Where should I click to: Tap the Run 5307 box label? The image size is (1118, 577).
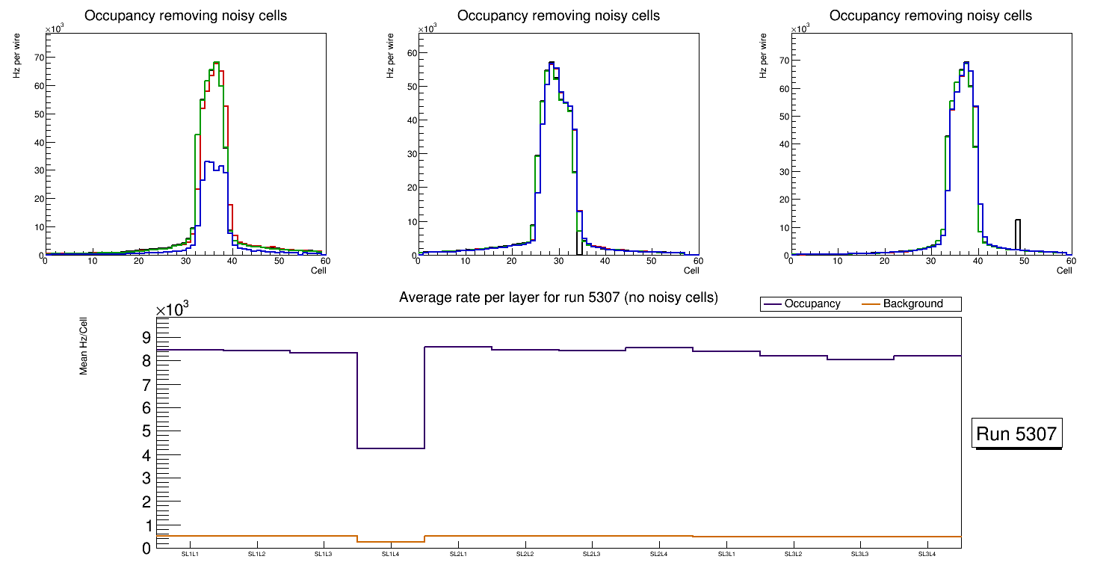click(1017, 433)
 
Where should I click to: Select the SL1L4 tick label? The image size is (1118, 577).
click(391, 555)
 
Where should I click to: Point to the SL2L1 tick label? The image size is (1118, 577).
click(458, 555)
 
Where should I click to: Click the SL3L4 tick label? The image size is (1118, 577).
click(927, 555)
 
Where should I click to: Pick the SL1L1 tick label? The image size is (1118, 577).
click(190, 555)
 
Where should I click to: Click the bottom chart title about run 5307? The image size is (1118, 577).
click(558, 297)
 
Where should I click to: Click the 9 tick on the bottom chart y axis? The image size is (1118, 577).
click(146, 337)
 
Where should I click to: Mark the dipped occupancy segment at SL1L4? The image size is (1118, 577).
click(391, 448)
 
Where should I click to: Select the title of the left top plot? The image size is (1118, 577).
click(185, 16)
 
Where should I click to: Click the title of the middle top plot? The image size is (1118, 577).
click(558, 16)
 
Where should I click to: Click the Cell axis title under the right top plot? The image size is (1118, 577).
click(1064, 271)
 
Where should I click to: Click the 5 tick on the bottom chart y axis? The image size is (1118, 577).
click(146, 431)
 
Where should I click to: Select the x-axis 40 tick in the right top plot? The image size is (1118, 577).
click(977, 261)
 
